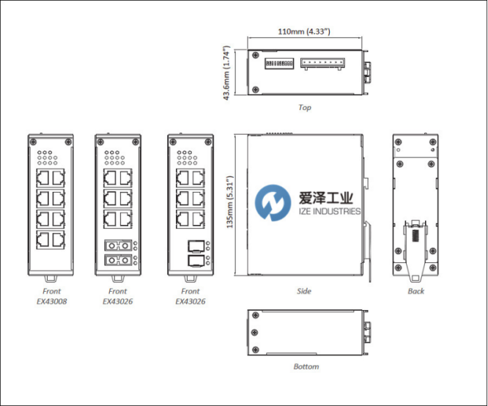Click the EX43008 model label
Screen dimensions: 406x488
[50, 300]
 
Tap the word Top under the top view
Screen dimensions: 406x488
[305, 108]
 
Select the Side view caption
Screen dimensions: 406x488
[304, 292]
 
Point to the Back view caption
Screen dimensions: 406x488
[416, 292]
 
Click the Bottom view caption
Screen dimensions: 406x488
[306, 367]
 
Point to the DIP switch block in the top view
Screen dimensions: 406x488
[279, 64]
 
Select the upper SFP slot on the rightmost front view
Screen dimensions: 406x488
[196, 246]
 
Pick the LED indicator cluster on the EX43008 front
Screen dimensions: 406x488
[50, 157]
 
